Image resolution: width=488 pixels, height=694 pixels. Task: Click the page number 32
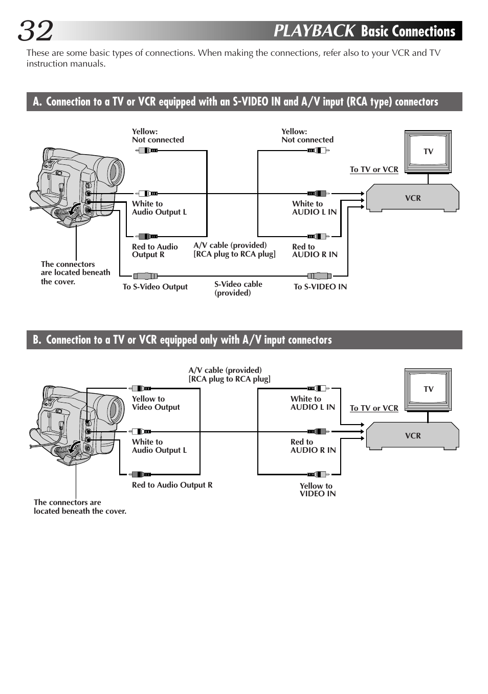pyautogui.click(x=36, y=31)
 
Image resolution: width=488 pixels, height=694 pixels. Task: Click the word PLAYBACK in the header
pyautogui.click(x=314, y=31)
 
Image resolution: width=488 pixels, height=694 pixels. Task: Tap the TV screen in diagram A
pyautogui.click(x=428, y=151)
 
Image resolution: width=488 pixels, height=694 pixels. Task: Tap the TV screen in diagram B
pyautogui.click(x=428, y=389)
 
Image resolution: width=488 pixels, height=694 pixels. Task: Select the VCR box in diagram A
pyautogui.click(x=412, y=198)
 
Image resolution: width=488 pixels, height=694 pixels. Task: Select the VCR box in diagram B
pyautogui.click(x=412, y=435)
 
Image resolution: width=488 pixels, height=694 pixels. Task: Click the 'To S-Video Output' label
pyautogui.click(x=155, y=287)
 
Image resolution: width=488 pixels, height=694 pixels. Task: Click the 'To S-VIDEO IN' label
pyautogui.click(x=320, y=287)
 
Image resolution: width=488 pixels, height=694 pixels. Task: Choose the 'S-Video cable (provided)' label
pyautogui.click(x=238, y=288)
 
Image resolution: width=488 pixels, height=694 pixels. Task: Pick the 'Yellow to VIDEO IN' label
pyautogui.click(x=317, y=490)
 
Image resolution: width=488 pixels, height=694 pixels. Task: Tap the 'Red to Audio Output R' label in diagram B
pyautogui.click(x=172, y=485)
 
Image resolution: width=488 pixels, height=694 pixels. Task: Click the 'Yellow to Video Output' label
pyautogui.click(x=156, y=403)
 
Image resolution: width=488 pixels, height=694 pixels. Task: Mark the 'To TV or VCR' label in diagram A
pyautogui.click(x=374, y=170)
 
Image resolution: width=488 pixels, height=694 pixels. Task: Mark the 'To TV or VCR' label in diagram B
pyautogui.click(x=374, y=408)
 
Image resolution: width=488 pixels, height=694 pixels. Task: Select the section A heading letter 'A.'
pyautogui.click(x=37, y=101)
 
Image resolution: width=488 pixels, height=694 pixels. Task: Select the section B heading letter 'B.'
pyautogui.click(x=37, y=340)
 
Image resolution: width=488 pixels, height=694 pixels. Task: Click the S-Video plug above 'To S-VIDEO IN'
pyautogui.click(x=317, y=276)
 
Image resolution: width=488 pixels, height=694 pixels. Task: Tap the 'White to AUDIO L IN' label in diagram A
pyautogui.click(x=314, y=208)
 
